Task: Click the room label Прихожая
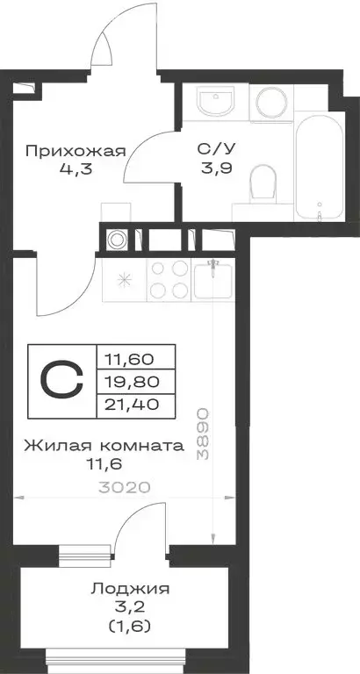75,150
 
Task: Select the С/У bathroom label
209,150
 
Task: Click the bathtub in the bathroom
314,170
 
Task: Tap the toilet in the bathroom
263,183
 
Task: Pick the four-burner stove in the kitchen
169,281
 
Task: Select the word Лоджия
130,590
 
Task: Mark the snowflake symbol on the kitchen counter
124,281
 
